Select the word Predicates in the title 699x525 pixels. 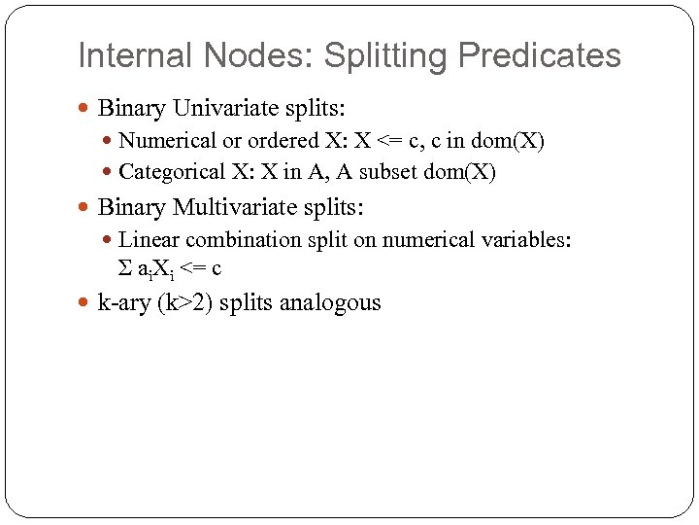point(540,55)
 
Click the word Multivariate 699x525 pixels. point(234,207)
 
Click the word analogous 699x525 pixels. point(330,302)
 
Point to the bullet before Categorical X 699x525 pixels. point(107,174)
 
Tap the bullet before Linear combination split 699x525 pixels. point(107,241)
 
